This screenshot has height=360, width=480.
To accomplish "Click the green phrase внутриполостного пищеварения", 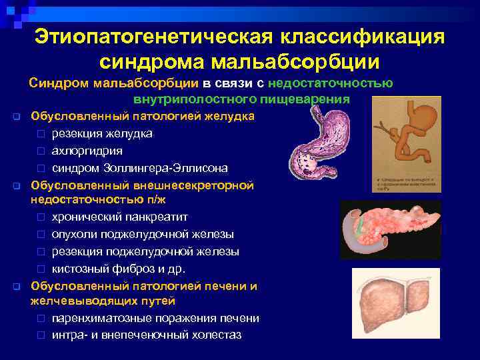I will pos(241,100).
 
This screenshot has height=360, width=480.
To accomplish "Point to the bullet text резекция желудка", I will pos(101,133).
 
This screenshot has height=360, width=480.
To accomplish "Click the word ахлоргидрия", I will pos(87,151).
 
